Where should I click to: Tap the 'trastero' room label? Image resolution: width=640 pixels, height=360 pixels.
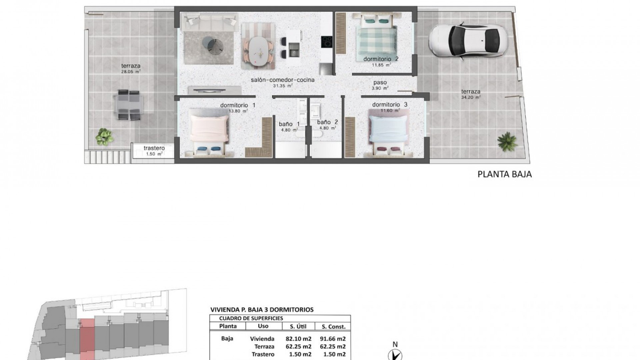point(154,148)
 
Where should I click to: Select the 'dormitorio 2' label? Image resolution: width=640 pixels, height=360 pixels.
point(381,59)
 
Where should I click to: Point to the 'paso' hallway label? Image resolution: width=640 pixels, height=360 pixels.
point(380,83)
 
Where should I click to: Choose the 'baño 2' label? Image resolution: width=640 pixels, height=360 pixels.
point(327,122)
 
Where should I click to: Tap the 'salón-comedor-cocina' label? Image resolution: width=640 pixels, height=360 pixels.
point(283,80)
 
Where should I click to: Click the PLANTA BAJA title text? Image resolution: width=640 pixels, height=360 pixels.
point(504,174)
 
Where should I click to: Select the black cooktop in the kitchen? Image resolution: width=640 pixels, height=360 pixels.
point(327,42)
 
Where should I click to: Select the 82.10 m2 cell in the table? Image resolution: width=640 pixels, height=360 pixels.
point(298,339)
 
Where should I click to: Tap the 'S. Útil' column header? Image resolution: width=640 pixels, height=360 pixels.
point(298,327)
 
